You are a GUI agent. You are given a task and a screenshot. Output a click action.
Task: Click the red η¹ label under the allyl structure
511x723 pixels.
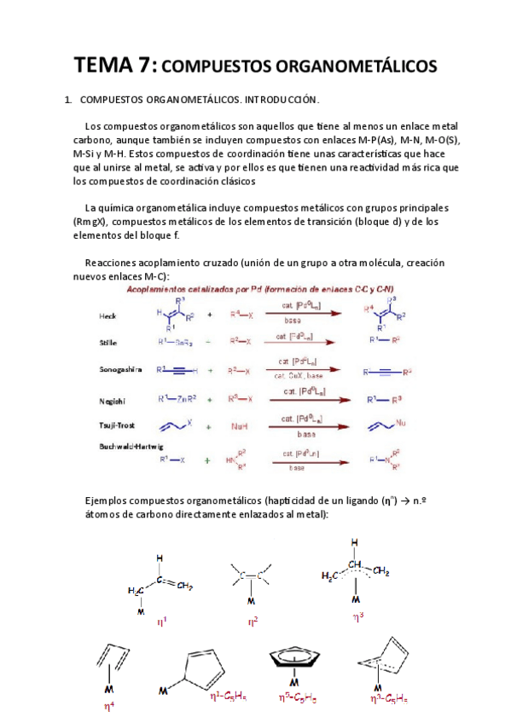pyautogui.click(x=162, y=622)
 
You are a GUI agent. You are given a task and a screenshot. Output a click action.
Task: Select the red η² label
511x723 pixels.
pyautogui.click(x=253, y=622)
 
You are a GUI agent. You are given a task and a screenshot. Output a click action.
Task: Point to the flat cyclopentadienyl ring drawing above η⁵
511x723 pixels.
pyautogui.click(x=293, y=659)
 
